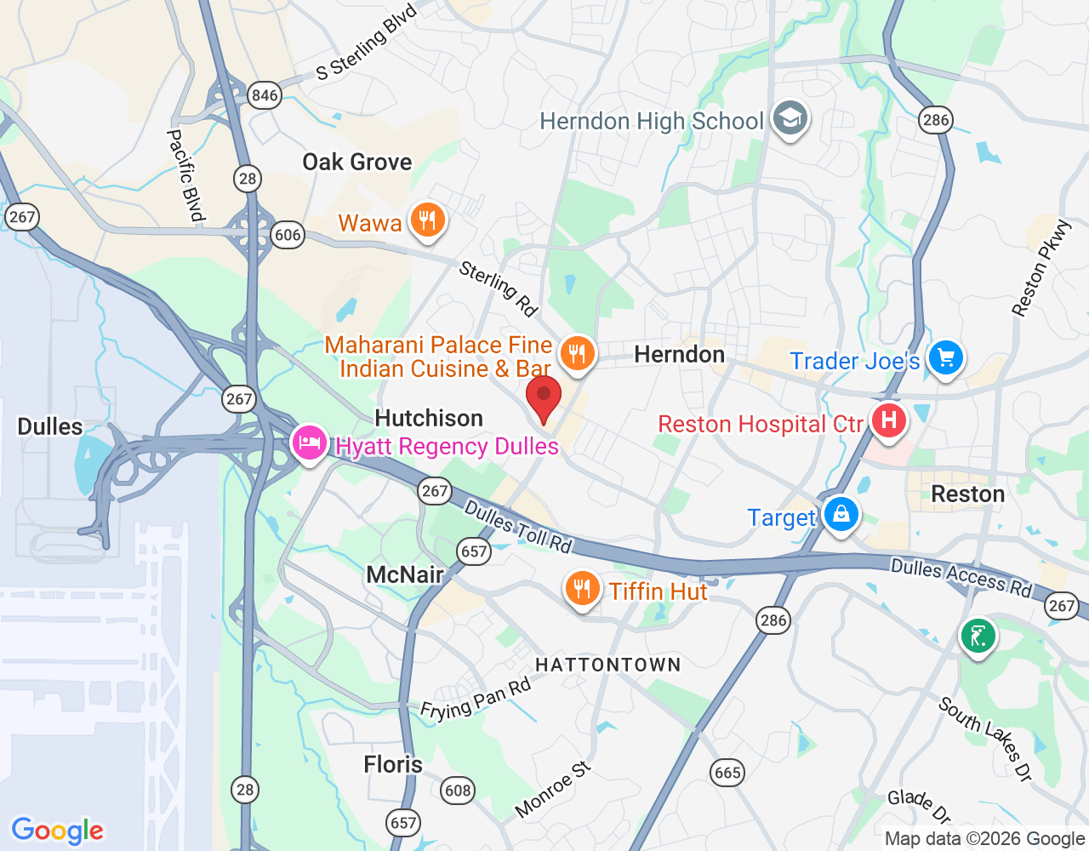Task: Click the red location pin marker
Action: click(x=544, y=398)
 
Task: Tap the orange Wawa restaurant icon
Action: click(x=427, y=220)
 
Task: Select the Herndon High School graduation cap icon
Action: click(x=790, y=119)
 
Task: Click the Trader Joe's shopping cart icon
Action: click(x=945, y=357)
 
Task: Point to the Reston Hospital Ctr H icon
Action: click(x=888, y=420)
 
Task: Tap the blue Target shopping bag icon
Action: click(x=841, y=515)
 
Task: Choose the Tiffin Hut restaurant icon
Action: click(x=583, y=588)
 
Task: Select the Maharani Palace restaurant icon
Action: click(x=578, y=353)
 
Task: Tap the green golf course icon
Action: click(x=978, y=636)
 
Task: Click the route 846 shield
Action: click(x=265, y=94)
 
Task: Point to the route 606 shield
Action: click(x=288, y=235)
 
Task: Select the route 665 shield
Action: click(x=727, y=773)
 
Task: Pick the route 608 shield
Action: click(x=458, y=791)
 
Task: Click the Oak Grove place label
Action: click(x=357, y=162)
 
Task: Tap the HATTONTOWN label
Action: click(x=608, y=665)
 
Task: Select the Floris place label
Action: click(x=393, y=764)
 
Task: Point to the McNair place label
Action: click(x=405, y=574)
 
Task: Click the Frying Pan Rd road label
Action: click(x=476, y=700)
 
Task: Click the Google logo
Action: click(x=58, y=831)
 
